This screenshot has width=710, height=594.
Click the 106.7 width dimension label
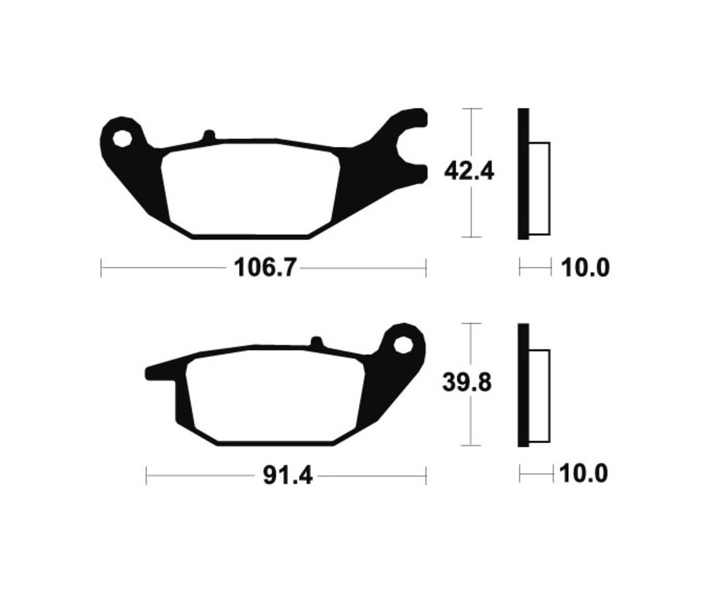264,269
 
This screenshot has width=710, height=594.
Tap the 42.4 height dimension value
469,171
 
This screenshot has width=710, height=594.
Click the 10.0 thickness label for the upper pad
585,269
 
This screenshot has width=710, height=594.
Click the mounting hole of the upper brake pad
121,138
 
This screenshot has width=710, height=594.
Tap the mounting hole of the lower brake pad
403,344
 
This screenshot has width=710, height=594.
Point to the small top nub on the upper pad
208,136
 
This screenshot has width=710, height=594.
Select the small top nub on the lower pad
316,342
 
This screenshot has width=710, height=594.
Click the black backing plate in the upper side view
522,173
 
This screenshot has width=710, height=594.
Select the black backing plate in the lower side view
522,385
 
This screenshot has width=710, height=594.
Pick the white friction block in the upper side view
539,188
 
